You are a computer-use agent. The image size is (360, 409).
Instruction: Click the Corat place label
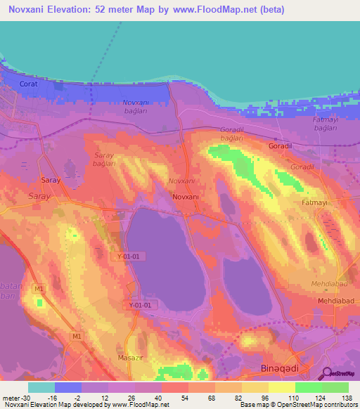pyautogui.click(x=27, y=84)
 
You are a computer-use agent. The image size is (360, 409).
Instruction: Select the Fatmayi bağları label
pyautogui.click(x=306, y=124)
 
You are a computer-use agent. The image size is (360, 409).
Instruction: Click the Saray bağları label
pyautogui.click(x=104, y=158)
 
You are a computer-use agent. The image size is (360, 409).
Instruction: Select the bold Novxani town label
pyautogui.click(x=186, y=197)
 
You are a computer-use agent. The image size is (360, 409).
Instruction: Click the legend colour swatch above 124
pyautogui.click(x=308, y=387)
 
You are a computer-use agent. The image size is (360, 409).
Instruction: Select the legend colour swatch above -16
pyautogui.click(x=68, y=387)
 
